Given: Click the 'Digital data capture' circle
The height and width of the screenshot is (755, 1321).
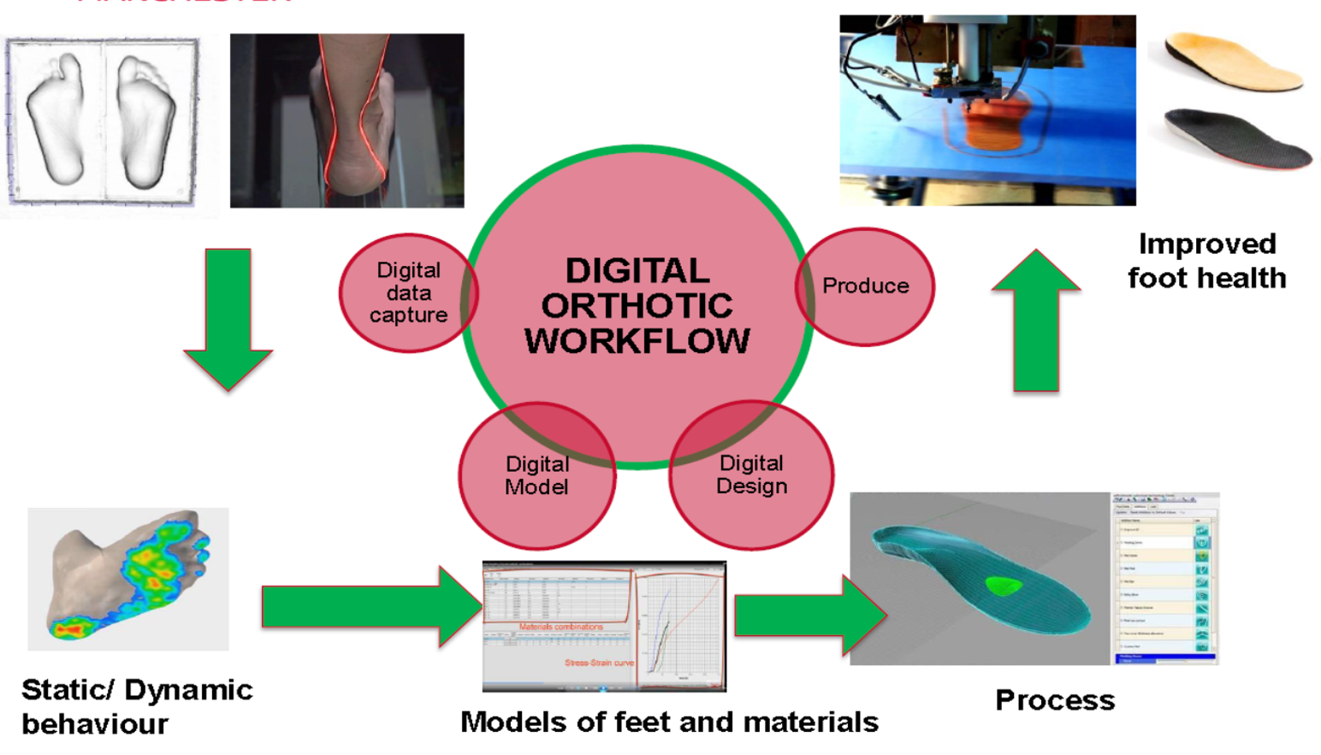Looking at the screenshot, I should [408, 292].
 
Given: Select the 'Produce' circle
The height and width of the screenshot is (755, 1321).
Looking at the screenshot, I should [865, 286].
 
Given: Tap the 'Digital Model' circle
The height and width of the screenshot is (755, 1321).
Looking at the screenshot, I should [536, 475].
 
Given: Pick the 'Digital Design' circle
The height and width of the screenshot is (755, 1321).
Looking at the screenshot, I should [751, 475].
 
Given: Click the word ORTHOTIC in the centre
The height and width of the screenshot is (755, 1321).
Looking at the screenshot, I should [637, 306].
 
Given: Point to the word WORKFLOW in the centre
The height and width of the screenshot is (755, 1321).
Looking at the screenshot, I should [637, 341].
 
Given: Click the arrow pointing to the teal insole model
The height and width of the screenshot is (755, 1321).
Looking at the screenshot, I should [809, 615].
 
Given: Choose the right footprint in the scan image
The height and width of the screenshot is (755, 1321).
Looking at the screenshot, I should [146, 120].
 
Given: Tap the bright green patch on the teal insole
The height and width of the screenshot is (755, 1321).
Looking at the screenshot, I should [1002, 586].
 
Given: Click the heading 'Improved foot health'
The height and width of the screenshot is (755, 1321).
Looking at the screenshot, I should [1206, 261].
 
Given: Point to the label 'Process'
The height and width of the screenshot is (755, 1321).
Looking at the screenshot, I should [1055, 700].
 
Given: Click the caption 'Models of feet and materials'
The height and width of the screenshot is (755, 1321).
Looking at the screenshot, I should [669, 723].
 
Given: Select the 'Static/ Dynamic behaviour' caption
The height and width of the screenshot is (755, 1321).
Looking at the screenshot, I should [137, 706].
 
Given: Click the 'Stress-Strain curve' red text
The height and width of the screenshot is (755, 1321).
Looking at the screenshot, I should [599, 663].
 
